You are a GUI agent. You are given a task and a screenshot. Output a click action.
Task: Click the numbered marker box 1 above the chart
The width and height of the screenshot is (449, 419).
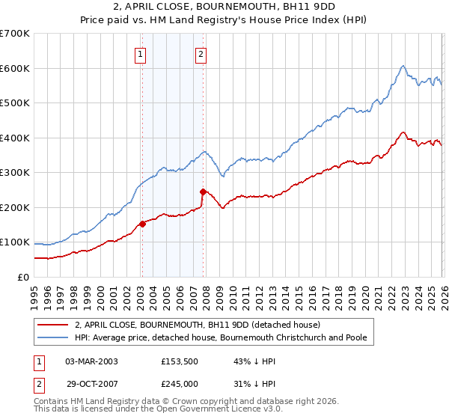[141, 53]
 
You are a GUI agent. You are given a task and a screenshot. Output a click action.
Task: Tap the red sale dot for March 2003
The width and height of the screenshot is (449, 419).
[142, 223]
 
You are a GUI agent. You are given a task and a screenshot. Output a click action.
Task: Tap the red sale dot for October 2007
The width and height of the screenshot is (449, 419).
[203, 192]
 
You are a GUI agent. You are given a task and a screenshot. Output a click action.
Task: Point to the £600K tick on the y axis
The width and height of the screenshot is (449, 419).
[16, 68]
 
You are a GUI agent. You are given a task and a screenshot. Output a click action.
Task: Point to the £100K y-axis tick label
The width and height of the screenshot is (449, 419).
[16, 242]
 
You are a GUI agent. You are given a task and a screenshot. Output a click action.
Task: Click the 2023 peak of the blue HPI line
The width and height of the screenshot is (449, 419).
[403, 66]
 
